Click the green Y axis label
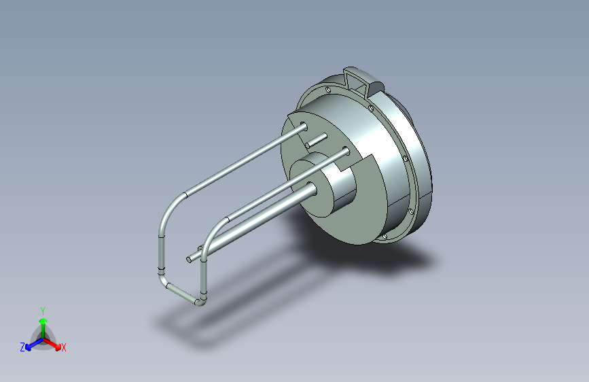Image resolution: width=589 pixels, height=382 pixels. pos(42,309)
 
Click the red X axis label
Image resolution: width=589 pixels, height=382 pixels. pos(64,348)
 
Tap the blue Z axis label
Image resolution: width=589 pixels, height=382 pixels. pos(22,347)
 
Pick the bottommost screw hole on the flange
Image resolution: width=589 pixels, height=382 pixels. pos(385,237)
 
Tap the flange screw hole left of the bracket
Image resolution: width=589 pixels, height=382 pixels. pos(328,89)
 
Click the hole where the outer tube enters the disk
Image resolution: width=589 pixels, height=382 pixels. pos(303,126)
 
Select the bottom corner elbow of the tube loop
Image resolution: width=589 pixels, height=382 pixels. pos(200,301)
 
